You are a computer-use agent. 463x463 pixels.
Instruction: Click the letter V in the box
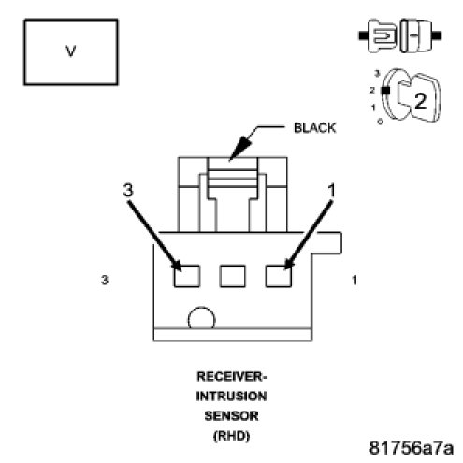71,51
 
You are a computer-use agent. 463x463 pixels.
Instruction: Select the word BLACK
314,128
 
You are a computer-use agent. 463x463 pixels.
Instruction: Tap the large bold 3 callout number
128,190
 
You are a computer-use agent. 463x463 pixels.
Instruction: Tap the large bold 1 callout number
331,190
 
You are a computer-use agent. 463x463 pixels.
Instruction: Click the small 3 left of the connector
105,280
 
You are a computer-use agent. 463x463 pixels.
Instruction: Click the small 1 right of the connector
354,280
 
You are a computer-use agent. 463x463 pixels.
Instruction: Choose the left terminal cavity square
187,276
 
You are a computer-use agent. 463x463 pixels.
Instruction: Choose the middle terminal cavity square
232,276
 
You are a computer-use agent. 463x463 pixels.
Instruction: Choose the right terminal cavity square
279,276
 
